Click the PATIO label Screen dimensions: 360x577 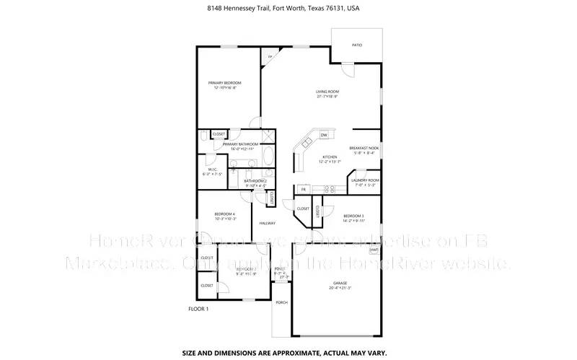coord(357,45)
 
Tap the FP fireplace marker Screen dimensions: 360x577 coord(270,57)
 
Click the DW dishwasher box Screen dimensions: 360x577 coord(324,135)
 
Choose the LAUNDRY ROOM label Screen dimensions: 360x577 coord(365,182)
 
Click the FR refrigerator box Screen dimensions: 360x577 coord(304,190)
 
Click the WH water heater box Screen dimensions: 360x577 coord(374,250)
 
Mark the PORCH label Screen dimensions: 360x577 coord(281,302)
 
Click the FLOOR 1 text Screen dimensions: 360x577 coord(198,309)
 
